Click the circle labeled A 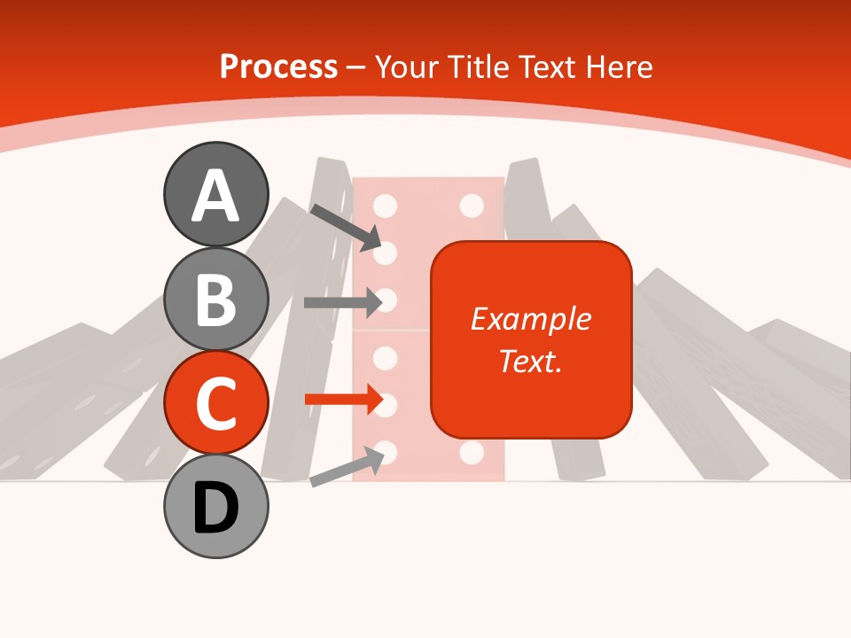(215, 194)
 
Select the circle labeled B (215, 299)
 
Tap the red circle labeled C (215, 402)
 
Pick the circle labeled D (215, 506)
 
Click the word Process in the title (278, 66)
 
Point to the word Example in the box (531, 319)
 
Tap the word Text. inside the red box (531, 362)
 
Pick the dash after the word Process (355, 67)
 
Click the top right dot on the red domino (472, 206)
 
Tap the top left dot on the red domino (385, 206)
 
